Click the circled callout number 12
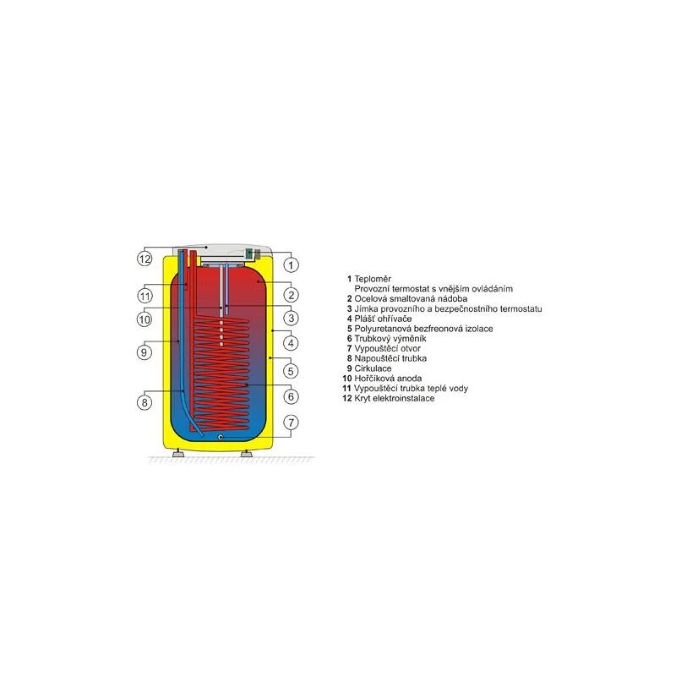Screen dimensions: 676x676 (144, 259)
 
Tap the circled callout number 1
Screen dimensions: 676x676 (291, 264)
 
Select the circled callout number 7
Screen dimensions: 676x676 (291, 422)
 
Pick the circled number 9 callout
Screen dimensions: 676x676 (144, 352)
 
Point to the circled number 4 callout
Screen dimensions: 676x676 (291, 344)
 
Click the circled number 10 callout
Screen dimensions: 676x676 (144, 319)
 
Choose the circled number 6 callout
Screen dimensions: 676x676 (291, 396)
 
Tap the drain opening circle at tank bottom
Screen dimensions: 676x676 (221, 437)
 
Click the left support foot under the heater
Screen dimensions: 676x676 (177, 453)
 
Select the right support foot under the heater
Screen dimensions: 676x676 (246, 453)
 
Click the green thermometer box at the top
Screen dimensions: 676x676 (249, 254)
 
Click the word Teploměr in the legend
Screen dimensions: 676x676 (373, 279)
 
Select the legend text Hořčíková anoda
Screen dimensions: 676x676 (388, 379)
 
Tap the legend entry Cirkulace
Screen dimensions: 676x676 (373, 368)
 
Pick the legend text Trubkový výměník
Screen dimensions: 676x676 (390, 339)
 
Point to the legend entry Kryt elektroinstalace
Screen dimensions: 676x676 (394, 398)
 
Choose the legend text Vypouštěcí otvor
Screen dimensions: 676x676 (387, 348)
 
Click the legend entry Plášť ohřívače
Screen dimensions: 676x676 (383, 319)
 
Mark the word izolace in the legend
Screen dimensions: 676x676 (479, 329)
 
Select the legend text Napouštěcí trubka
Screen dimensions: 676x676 (390, 358)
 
